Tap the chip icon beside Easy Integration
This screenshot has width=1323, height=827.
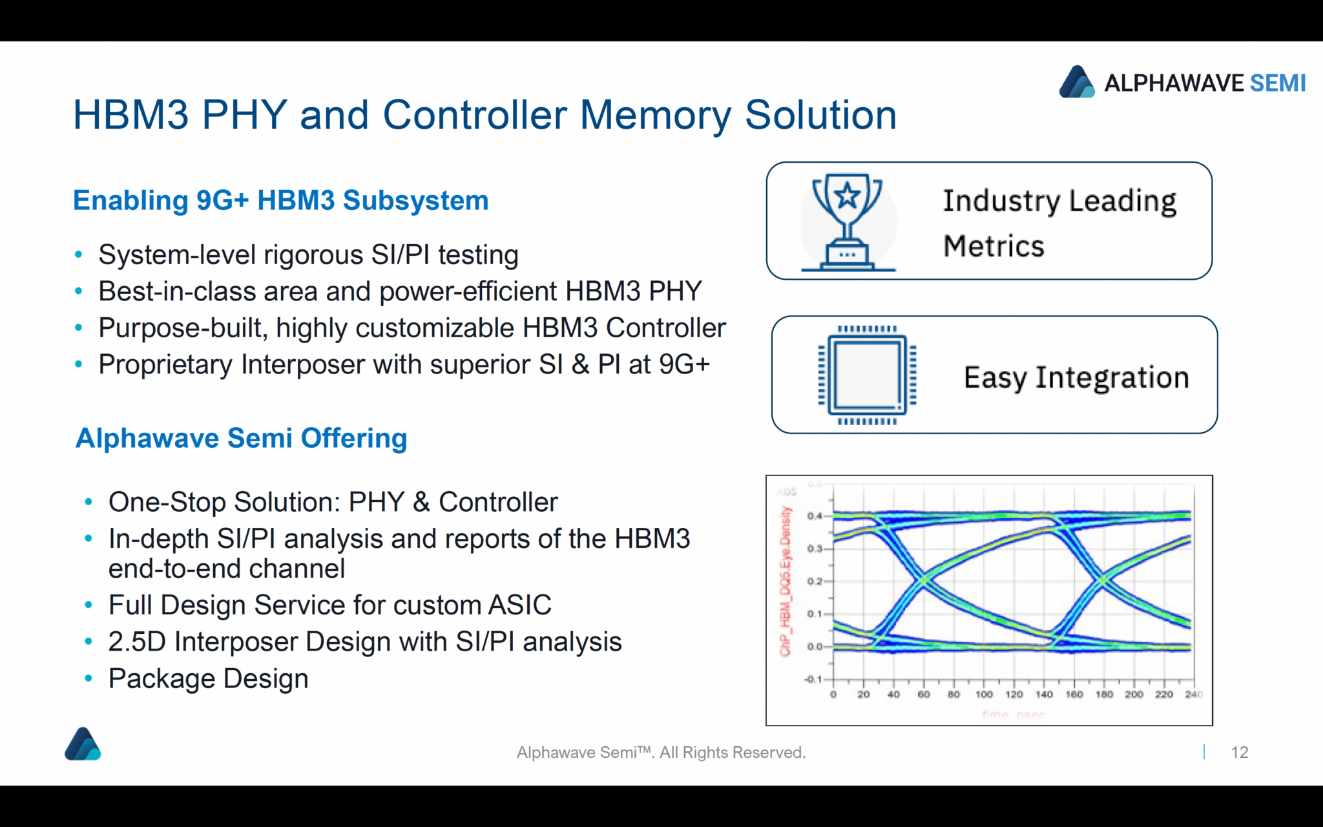tap(867, 375)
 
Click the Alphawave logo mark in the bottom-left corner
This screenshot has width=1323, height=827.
tap(83, 744)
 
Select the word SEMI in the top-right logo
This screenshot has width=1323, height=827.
tap(1278, 83)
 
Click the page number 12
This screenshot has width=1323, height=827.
tap(1239, 752)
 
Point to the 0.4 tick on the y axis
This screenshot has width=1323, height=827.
tap(815, 516)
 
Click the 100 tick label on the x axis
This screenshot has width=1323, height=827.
tap(984, 695)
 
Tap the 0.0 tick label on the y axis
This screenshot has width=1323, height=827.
tap(815, 646)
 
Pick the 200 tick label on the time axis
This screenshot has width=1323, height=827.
tap(1134, 695)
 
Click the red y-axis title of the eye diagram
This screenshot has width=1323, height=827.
tap(786, 581)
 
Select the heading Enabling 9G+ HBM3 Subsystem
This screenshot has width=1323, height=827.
tap(280, 200)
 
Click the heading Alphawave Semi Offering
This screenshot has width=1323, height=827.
tap(241, 438)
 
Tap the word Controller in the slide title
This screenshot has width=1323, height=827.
tap(474, 115)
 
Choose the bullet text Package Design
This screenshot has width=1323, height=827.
tap(208, 678)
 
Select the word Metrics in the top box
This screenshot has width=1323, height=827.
tap(994, 246)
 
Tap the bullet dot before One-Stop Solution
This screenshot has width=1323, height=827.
tap(89, 502)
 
